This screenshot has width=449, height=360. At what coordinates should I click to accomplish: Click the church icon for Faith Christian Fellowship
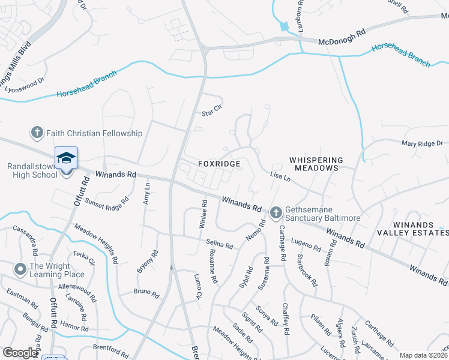(37, 133)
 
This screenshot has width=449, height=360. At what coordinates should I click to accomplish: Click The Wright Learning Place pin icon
(20, 268)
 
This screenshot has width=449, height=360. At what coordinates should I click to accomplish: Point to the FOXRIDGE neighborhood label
(220, 164)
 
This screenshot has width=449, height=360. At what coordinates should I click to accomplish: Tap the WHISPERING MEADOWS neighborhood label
(316, 164)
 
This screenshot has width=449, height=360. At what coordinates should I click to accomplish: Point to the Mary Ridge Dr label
(422, 143)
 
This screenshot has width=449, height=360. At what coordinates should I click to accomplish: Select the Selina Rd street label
(219, 244)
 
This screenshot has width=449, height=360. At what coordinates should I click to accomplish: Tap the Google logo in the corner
(19, 353)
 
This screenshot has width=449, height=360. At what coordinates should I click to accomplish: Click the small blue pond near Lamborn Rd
(285, 26)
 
